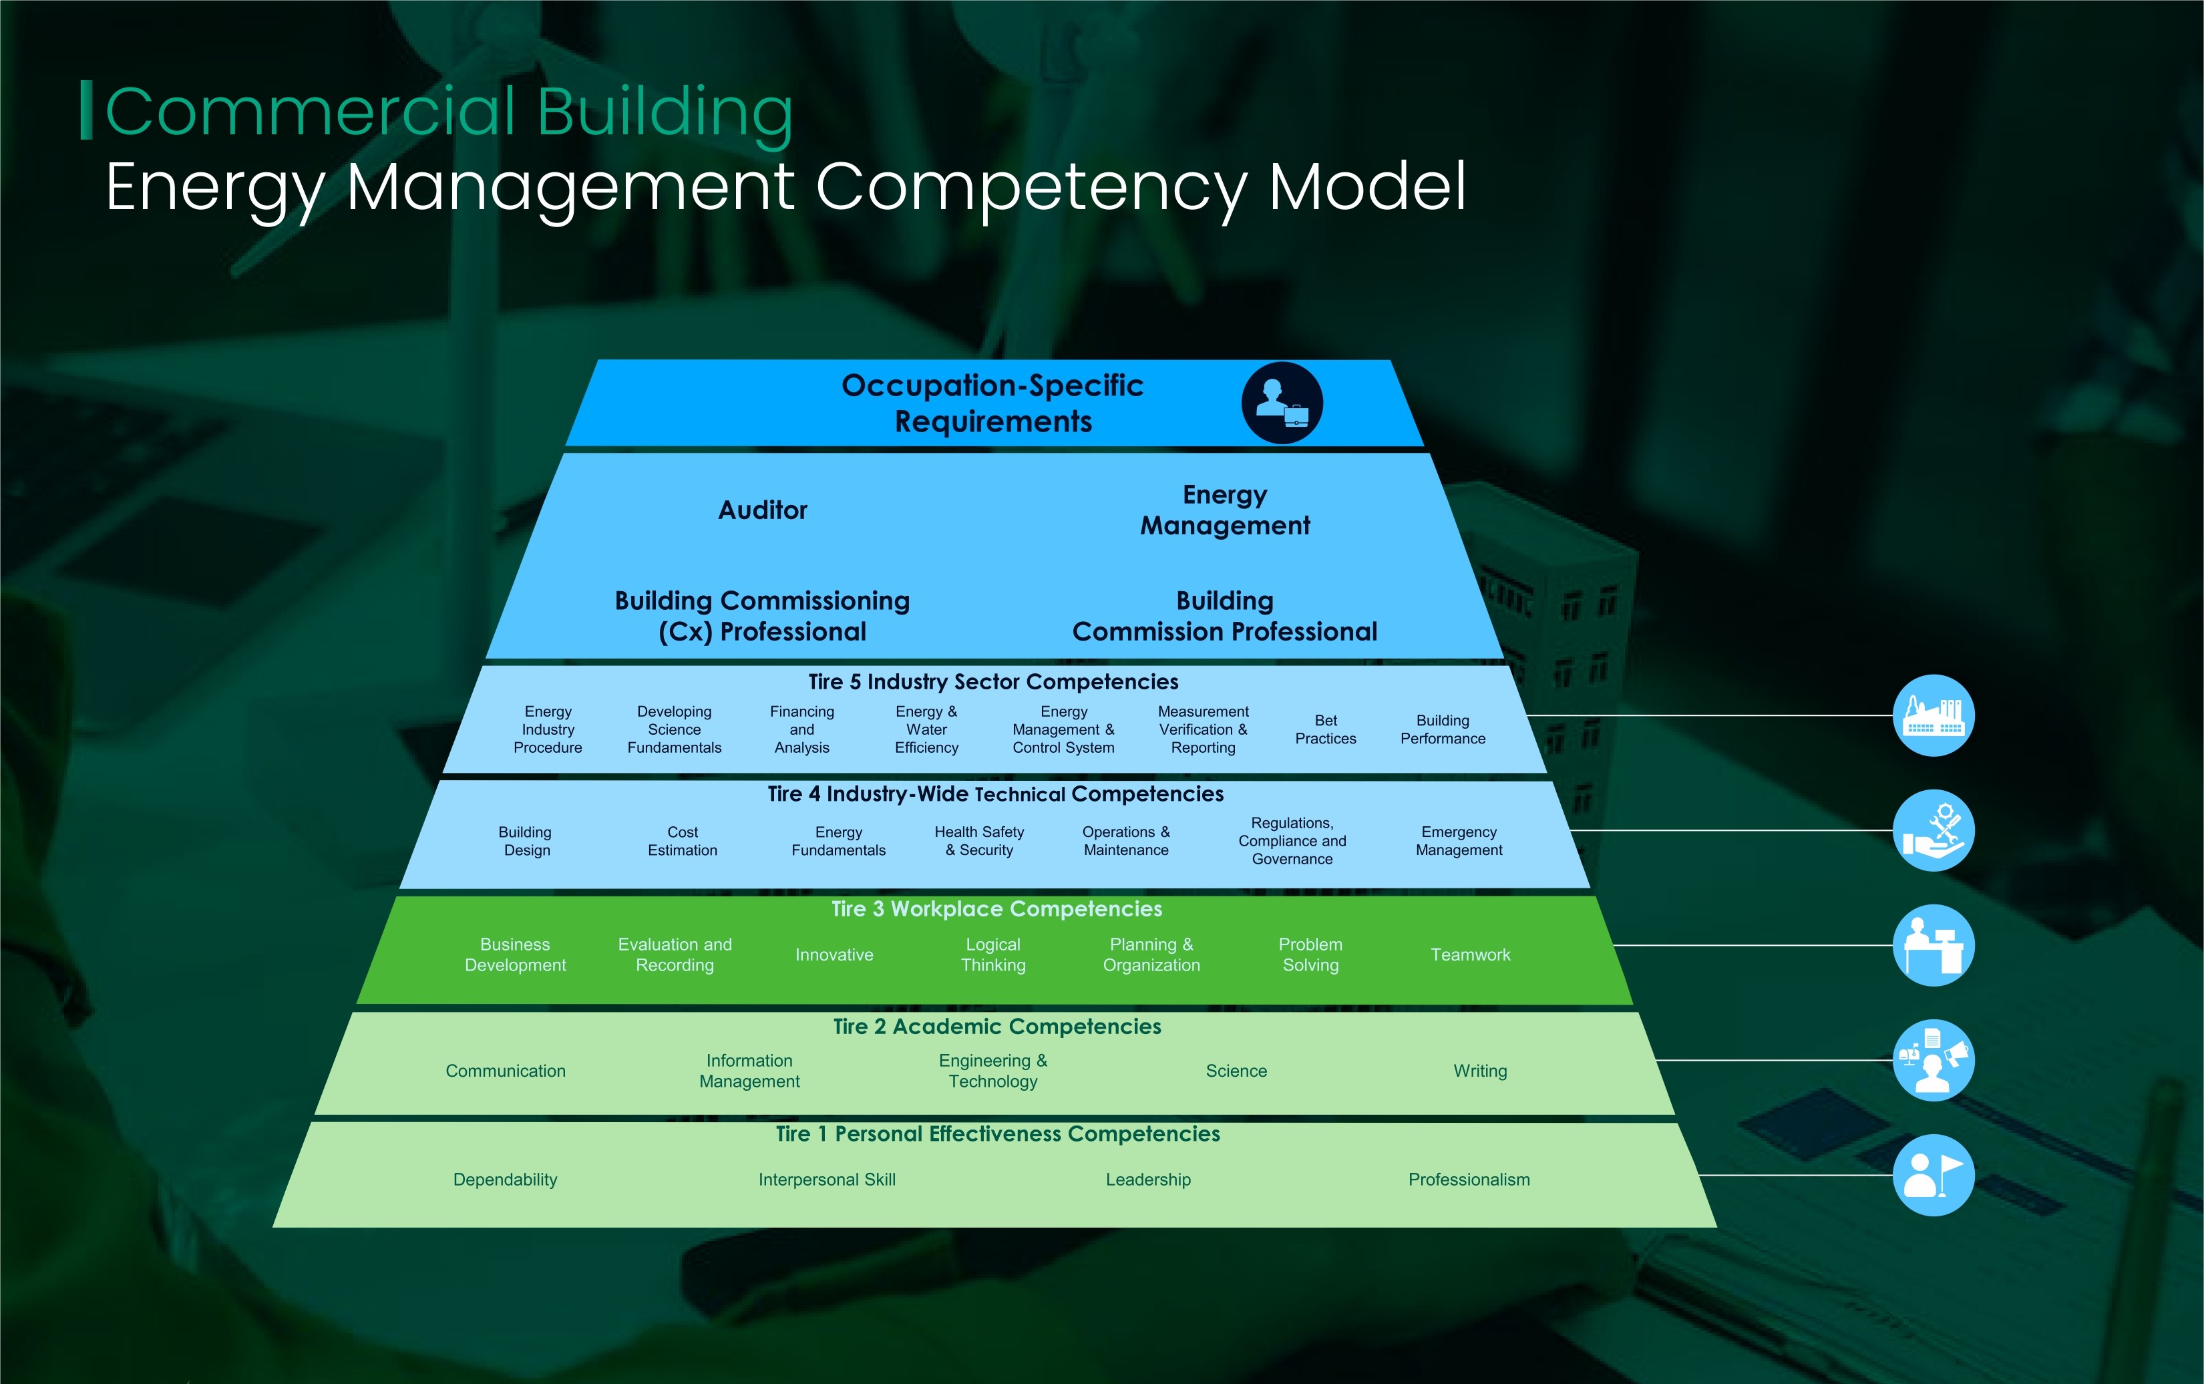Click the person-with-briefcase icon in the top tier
click(1282, 403)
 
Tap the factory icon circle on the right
click(1933, 716)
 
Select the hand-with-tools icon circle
click(1933, 830)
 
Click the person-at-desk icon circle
click(1933, 946)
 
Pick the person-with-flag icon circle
click(1933, 1176)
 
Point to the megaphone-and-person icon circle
click(1933, 1060)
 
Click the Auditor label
click(763, 510)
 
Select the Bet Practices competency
click(1325, 729)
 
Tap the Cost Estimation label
click(683, 841)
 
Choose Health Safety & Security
click(979, 841)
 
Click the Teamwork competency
click(1470, 955)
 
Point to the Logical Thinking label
click(993, 955)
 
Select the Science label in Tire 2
click(1236, 1071)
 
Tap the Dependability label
click(505, 1180)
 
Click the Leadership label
click(1148, 1180)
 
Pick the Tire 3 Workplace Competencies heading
click(996, 909)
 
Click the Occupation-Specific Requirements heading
click(993, 403)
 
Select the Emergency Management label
click(1459, 841)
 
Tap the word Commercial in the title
click(312, 112)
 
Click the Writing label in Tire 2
click(1480, 1071)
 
